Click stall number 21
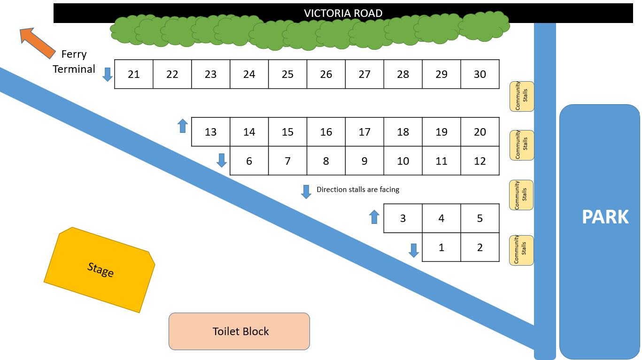coord(134,74)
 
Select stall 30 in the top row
coord(480,74)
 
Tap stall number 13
coord(210,132)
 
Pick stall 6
coord(249,161)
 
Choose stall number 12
coord(480,161)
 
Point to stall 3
coord(403,218)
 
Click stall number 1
coord(441,247)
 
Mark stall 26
coord(326,74)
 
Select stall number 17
coord(364,132)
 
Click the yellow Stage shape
coord(100,270)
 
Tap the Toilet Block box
coord(239,331)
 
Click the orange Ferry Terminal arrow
coord(37,43)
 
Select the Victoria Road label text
coord(343,13)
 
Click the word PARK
coord(605,217)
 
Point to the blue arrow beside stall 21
coord(108,74)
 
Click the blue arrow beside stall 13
coord(183,126)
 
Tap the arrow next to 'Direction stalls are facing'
coord(306,191)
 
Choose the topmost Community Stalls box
coord(522,96)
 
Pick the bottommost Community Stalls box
coord(522,250)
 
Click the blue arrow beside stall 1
coord(413,250)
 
